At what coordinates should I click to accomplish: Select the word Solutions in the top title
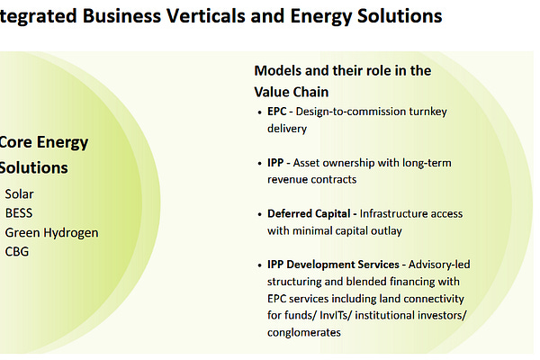[x=394, y=15]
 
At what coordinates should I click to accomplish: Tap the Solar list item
[x=20, y=193]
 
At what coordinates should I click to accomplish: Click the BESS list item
[x=19, y=213]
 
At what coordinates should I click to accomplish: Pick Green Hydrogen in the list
[x=51, y=232]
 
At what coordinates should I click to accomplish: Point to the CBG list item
[x=17, y=251]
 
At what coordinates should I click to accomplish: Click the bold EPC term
[x=279, y=112]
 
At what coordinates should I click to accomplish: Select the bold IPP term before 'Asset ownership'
[x=277, y=163]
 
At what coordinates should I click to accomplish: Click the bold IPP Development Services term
[x=333, y=265]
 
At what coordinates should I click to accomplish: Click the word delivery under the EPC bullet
[x=287, y=129]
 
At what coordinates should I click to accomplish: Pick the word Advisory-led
[x=438, y=265]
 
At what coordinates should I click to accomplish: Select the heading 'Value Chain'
[x=292, y=91]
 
